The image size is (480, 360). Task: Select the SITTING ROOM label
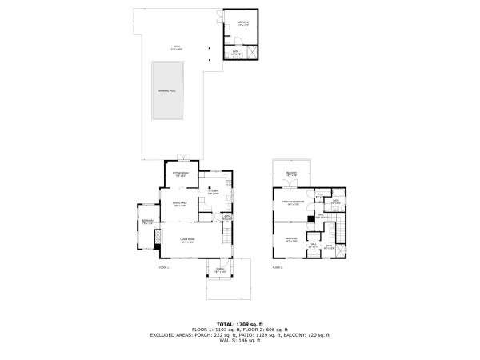[x=181, y=173]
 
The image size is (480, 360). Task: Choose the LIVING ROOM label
[x=188, y=240]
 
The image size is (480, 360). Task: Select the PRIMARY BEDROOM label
[x=291, y=202]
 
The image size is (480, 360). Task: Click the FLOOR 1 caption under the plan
[x=165, y=266]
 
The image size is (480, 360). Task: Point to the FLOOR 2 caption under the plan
[x=278, y=266]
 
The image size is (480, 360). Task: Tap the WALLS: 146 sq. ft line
[x=239, y=341]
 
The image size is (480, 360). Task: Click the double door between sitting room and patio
[x=183, y=156]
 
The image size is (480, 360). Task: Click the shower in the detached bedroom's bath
[x=254, y=53]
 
